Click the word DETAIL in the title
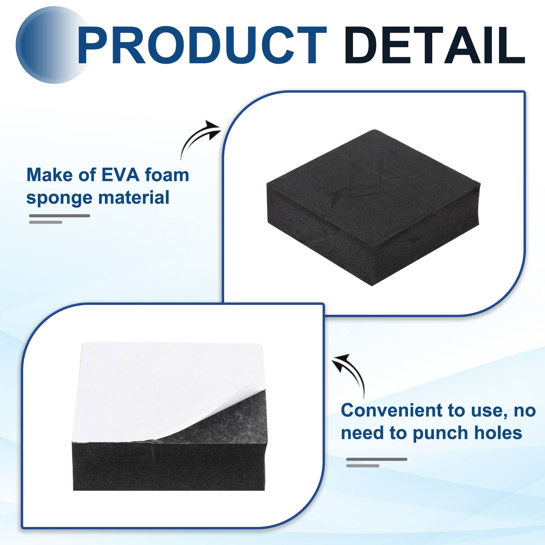[x=434, y=46]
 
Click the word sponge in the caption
[x=55, y=198]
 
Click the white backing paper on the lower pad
[x=153, y=385]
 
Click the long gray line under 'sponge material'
[x=60, y=216]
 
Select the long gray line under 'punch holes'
[x=376, y=460]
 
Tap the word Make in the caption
[x=45, y=175]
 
